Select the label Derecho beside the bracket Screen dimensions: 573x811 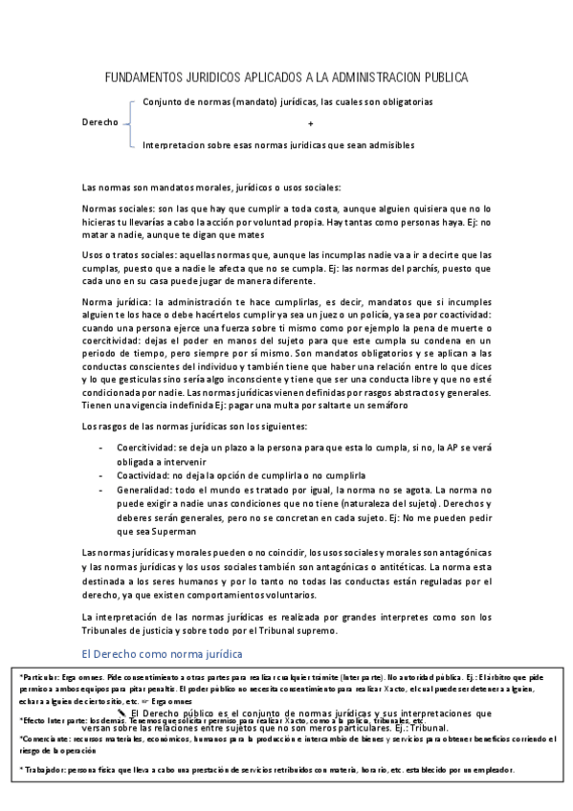coord(100,123)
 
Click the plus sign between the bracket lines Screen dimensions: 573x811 coord(311,124)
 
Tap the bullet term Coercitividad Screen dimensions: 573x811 coord(146,447)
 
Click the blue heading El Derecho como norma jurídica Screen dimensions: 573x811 coord(159,652)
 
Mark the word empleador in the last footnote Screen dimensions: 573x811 coord(491,770)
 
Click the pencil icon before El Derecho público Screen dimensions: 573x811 coord(122,712)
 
